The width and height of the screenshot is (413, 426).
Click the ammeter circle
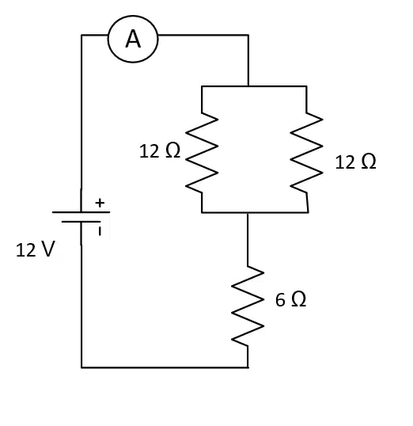click(x=133, y=16)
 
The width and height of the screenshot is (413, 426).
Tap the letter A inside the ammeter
click(x=133, y=39)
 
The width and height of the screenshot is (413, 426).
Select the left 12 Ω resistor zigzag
click(x=202, y=152)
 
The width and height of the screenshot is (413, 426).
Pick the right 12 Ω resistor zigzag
click(x=306, y=152)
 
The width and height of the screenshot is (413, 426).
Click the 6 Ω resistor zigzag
click(x=248, y=306)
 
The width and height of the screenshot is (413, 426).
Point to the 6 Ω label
click(x=291, y=299)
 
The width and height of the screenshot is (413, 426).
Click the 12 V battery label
click(x=36, y=249)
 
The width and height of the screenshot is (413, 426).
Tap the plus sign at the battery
click(x=100, y=203)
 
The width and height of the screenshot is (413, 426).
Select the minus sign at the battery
click(x=100, y=231)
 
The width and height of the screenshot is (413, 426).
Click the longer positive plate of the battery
click(x=81, y=212)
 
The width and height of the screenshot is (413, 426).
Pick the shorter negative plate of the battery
click(x=81, y=222)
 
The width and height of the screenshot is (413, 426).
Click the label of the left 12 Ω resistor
click(x=160, y=150)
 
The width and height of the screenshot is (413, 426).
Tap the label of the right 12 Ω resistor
click(x=356, y=162)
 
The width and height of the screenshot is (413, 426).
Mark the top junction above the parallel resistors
click(x=248, y=86)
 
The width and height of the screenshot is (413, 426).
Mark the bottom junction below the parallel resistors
click(x=248, y=212)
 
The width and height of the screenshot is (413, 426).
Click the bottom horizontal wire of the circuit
click(x=165, y=367)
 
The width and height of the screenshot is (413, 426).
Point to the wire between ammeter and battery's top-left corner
click(x=94, y=35)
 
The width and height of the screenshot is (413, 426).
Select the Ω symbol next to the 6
click(x=299, y=299)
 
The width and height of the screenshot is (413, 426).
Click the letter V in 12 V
click(x=47, y=249)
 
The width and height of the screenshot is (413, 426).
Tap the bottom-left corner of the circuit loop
click(x=81, y=367)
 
